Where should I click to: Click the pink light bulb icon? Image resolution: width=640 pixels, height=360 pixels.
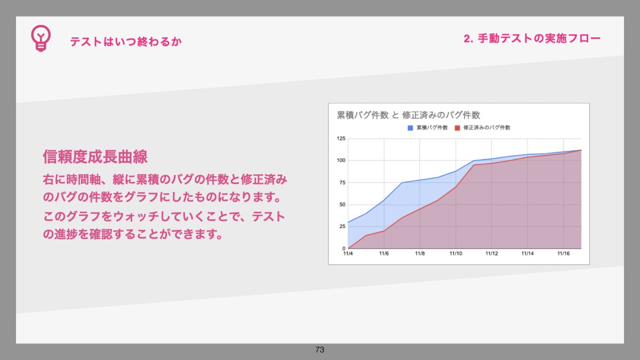[41, 38]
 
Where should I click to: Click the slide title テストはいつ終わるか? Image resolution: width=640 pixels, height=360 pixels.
[126, 42]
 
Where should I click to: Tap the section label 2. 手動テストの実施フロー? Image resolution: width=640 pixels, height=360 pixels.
[532, 38]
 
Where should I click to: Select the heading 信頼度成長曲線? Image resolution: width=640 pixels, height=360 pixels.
[95, 157]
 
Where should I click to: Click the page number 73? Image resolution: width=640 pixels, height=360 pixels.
[319, 349]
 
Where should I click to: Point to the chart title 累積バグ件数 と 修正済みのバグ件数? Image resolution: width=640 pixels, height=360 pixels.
[409, 115]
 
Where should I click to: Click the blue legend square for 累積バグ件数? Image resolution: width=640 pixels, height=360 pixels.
[410, 127]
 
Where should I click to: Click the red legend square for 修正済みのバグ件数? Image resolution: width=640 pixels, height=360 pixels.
[458, 127]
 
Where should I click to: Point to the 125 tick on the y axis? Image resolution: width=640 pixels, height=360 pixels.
[341, 139]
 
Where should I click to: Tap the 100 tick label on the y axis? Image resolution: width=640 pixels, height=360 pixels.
[341, 161]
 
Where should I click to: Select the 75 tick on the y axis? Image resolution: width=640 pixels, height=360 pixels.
[342, 182]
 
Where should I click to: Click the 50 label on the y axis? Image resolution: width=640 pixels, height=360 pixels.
[342, 205]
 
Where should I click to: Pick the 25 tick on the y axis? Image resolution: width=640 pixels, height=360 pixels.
[342, 226]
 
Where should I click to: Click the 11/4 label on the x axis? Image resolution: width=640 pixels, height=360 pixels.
[348, 254]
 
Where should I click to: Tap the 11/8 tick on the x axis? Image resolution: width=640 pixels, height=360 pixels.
[420, 254]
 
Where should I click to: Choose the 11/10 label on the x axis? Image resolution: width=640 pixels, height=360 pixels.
[455, 254]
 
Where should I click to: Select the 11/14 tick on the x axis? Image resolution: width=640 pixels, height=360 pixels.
[527, 254]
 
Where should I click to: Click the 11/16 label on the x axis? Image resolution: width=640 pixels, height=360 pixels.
[563, 254]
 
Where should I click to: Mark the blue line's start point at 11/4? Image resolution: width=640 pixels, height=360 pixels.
[348, 222]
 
